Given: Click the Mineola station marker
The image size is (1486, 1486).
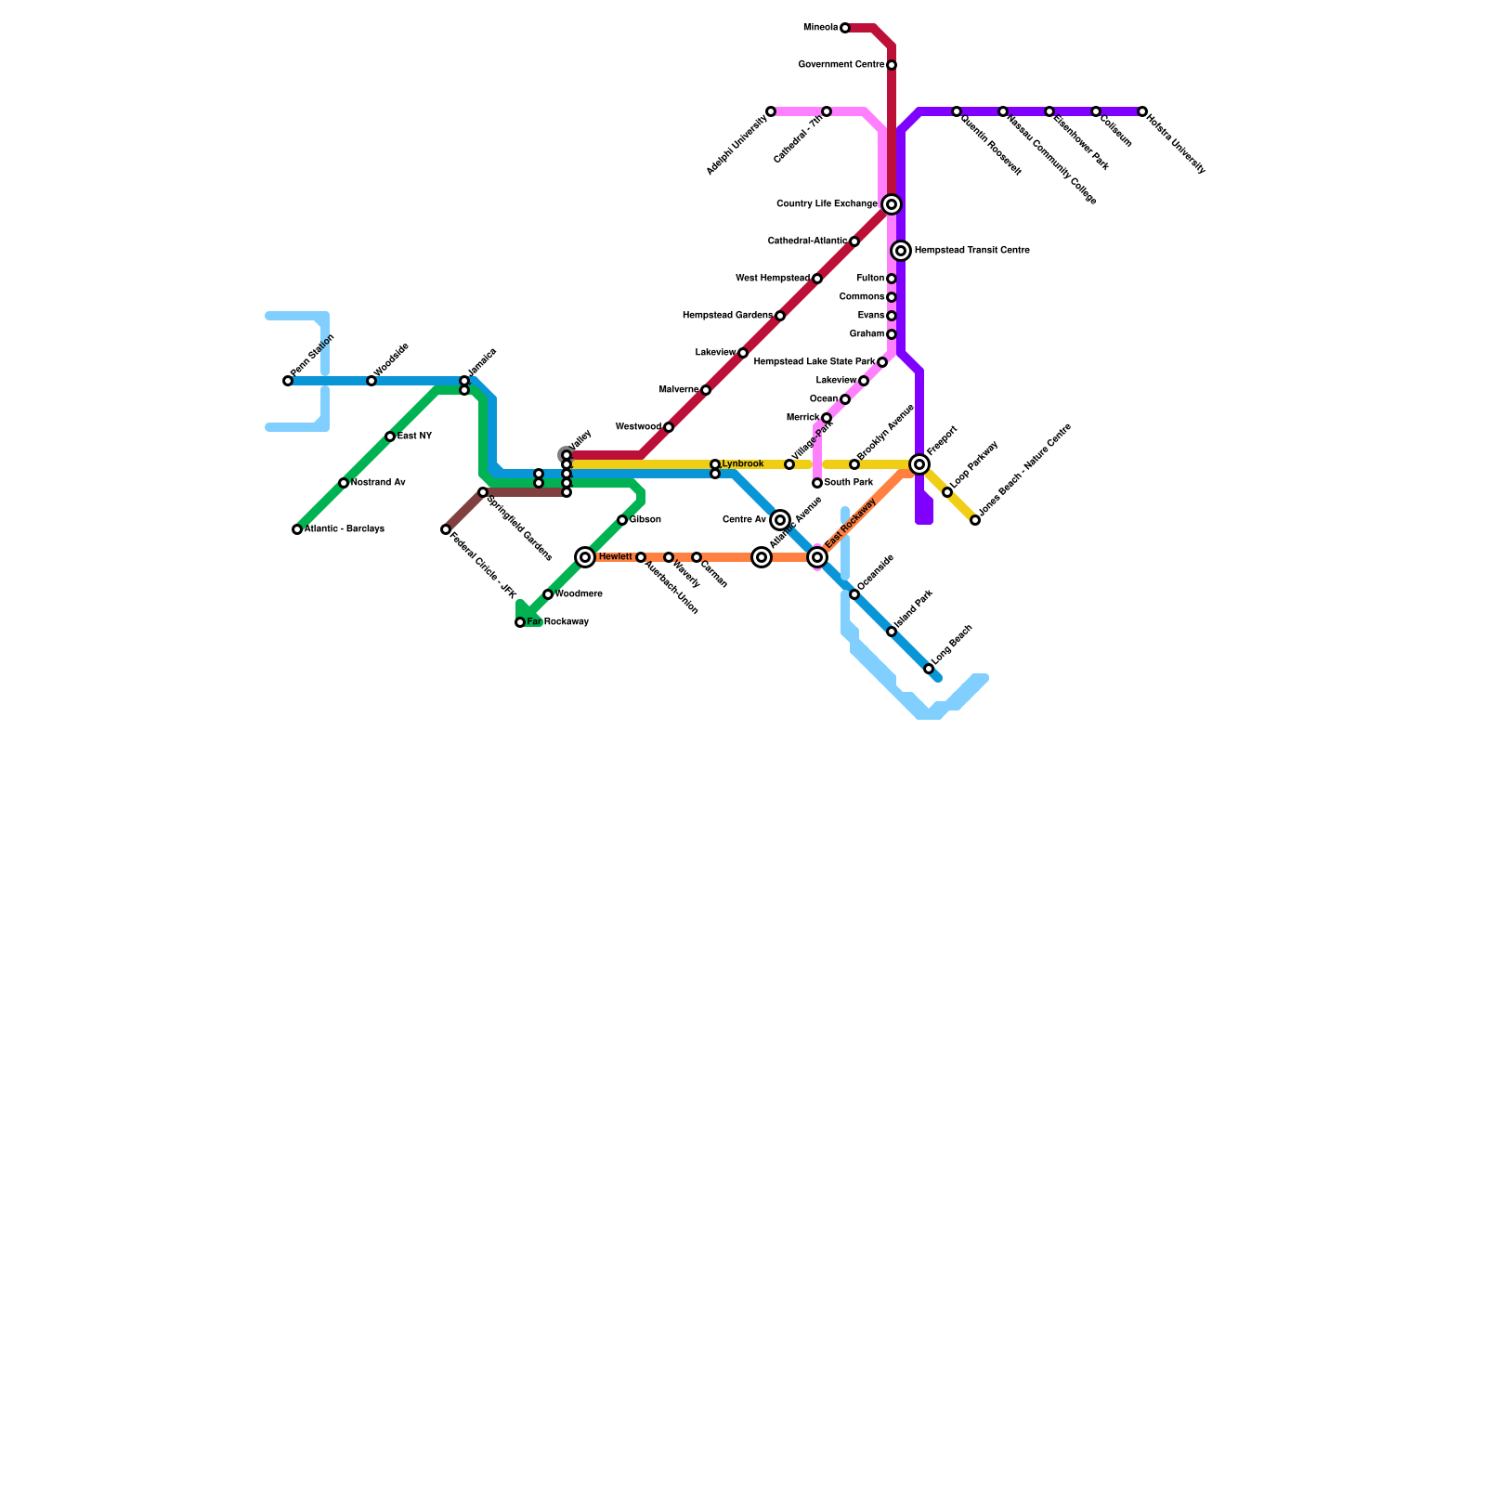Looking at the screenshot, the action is click(844, 28).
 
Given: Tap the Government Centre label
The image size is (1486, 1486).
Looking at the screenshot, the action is click(841, 65).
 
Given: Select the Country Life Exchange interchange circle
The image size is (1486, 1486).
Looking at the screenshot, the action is click(892, 204).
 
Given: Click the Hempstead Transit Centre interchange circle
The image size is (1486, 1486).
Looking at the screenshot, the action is click(901, 251).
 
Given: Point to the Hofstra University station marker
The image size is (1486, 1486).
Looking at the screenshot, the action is click(1142, 111).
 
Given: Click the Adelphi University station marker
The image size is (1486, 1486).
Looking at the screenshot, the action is click(771, 111).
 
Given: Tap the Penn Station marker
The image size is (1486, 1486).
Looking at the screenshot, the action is click(288, 381).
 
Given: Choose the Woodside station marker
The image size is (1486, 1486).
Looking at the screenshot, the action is click(371, 381).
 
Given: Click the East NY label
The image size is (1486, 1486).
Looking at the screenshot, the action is click(414, 437).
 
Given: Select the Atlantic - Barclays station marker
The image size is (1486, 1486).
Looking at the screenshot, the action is click(297, 529).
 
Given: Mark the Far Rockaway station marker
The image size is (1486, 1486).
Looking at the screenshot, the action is click(520, 622).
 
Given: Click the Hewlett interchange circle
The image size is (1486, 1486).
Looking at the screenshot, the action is click(585, 557).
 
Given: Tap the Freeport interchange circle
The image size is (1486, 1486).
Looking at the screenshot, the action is click(919, 464).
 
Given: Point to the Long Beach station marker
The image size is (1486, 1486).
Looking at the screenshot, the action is click(929, 669).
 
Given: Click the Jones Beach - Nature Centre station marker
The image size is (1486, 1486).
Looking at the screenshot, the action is click(975, 520).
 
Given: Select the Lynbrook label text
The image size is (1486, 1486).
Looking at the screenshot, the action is click(742, 464).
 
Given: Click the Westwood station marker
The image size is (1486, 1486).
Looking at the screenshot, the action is click(669, 427).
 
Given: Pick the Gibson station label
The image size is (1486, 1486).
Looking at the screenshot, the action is click(645, 520).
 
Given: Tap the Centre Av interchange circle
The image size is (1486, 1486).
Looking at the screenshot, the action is click(780, 520).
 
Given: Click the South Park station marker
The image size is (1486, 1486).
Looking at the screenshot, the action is click(817, 483).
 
